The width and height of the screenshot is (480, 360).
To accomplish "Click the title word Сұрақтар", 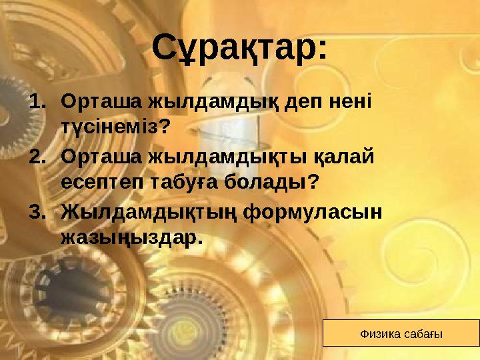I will [239, 48].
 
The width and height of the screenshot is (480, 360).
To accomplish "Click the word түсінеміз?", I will [115, 126].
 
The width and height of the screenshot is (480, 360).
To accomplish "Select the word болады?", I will [276, 181].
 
